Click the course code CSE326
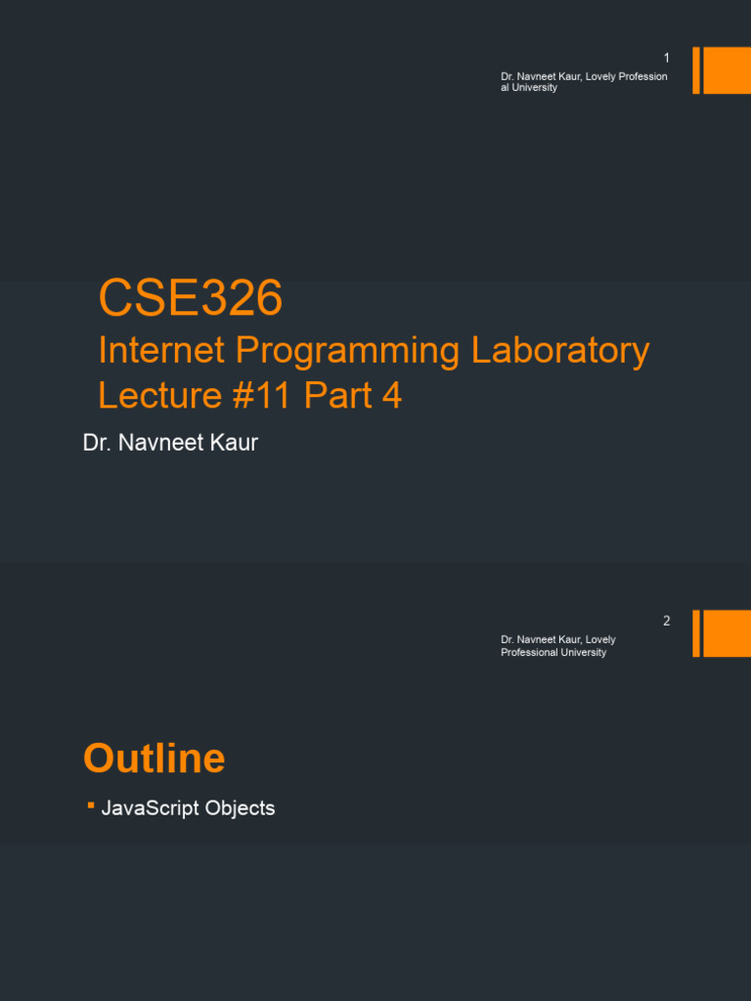click(191, 298)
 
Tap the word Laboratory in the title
click(560, 351)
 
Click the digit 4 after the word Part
click(392, 396)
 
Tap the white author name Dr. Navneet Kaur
click(170, 443)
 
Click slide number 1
click(667, 59)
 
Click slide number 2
click(667, 621)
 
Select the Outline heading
click(155, 759)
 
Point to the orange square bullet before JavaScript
click(90, 805)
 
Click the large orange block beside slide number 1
click(727, 70)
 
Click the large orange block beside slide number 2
click(727, 633)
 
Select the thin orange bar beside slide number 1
click(696, 70)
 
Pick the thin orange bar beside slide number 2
click(696, 633)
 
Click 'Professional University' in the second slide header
click(553, 653)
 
